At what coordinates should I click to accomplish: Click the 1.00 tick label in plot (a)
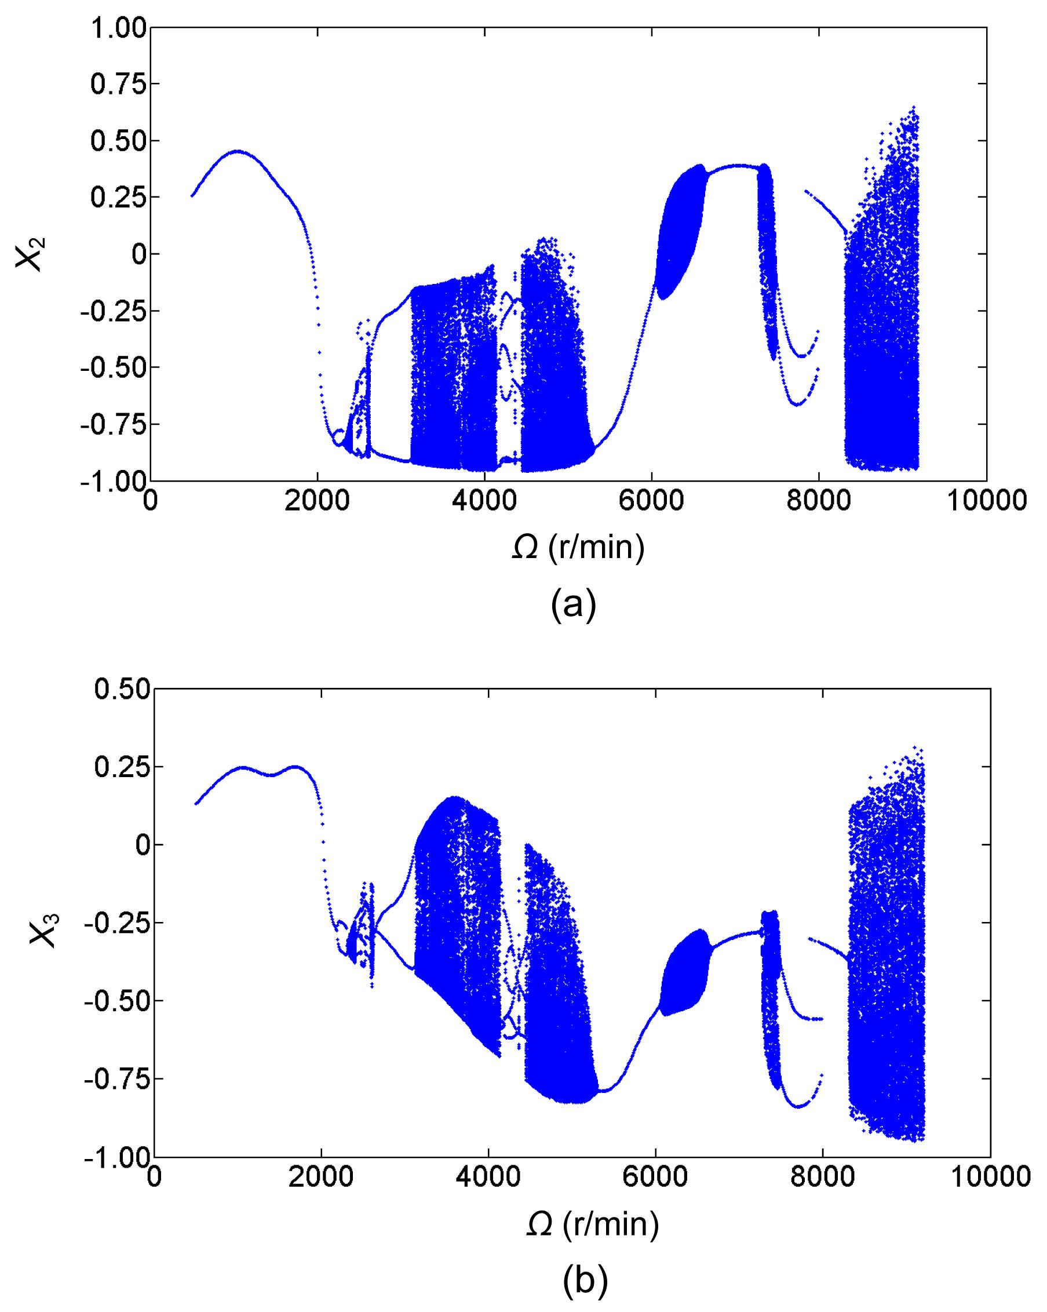(x=118, y=28)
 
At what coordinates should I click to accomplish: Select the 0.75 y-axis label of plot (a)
(x=118, y=85)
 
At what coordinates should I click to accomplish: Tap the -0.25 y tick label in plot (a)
(x=113, y=311)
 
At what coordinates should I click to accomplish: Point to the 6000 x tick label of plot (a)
(x=652, y=501)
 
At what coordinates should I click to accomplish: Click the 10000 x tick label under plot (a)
(x=986, y=501)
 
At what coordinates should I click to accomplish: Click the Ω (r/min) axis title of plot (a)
(x=577, y=548)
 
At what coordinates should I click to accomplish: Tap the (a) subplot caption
(x=573, y=604)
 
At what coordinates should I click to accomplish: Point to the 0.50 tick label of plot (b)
(x=122, y=690)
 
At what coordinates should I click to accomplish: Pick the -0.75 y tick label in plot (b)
(x=117, y=1080)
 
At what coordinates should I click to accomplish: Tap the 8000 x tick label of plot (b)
(x=823, y=1177)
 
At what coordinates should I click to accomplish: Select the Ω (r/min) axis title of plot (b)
(x=592, y=1223)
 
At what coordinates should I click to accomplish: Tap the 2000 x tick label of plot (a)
(x=317, y=501)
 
